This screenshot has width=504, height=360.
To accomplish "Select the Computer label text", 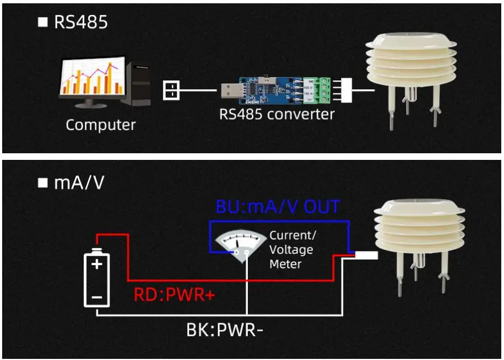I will pyautogui.click(x=100, y=125).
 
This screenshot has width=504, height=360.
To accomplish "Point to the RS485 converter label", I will pyautogui.click(x=277, y=114).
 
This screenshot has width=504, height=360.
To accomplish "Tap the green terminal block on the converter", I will pyautogui.click(x=321, y=90).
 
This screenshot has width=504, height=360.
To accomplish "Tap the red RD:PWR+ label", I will pyautogui.click(x=174, y=295).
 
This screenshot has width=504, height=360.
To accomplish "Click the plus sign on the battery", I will pyautogui.click(x=97, y=264).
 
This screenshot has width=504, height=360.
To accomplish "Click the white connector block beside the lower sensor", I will pyautogui.click(x=366, y=256).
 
